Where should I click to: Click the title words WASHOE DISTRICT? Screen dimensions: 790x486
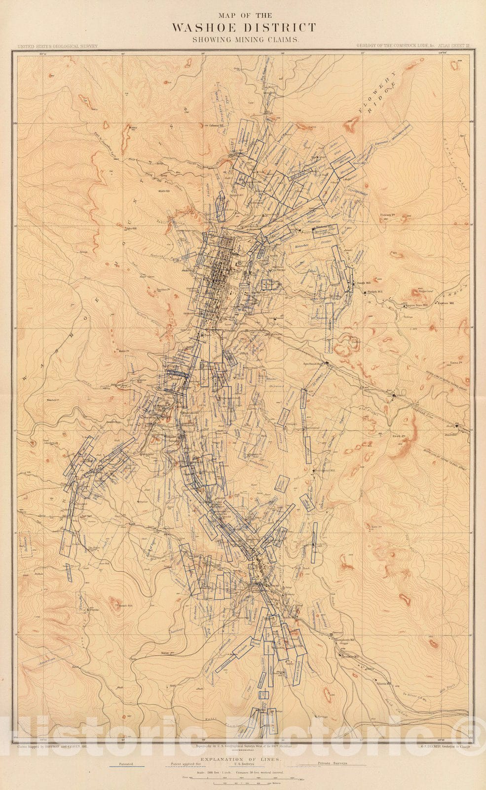click(x=244, y=27)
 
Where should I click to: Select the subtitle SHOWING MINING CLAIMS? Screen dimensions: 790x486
click(x=244, y=39)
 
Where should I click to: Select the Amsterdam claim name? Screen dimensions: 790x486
click(x=44, y=661)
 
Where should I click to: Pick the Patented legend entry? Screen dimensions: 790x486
click(x=126, y=763)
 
